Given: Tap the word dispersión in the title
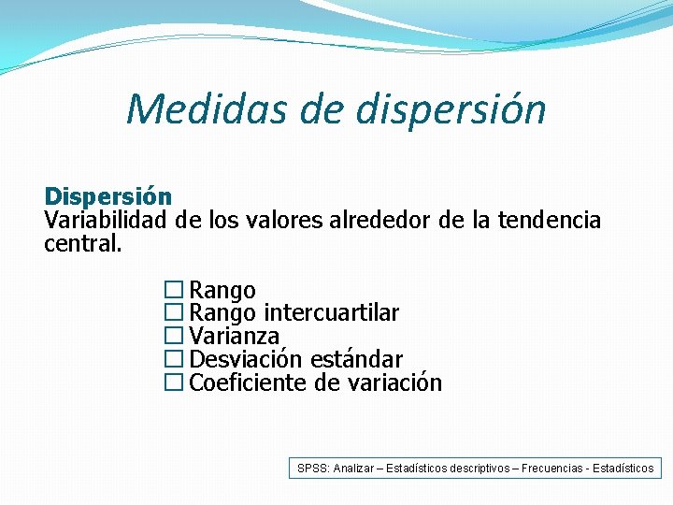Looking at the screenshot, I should coord(451,110).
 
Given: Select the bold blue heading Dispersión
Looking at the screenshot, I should coord(108,197).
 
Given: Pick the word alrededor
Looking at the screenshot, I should coord(381,221).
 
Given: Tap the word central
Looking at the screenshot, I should coord(82,244).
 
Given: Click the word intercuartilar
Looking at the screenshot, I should coord(332,313).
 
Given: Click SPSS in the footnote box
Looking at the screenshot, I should coord(313,468).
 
